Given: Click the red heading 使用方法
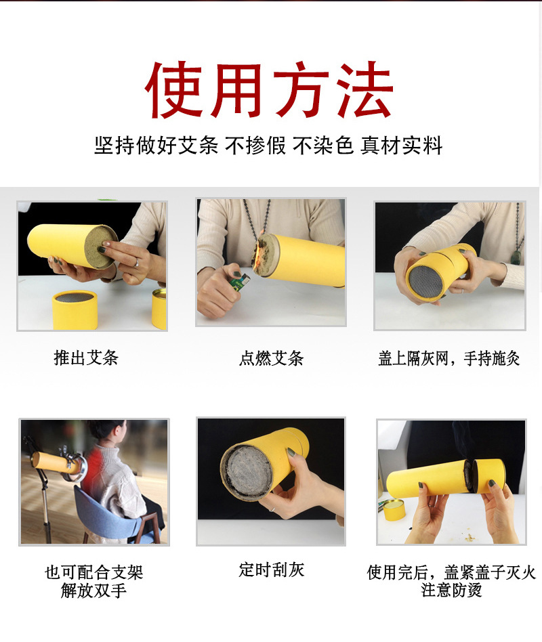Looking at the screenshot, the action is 269,89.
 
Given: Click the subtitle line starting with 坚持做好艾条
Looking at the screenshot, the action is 268,146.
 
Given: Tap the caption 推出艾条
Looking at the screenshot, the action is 86,358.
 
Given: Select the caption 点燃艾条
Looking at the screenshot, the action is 271,358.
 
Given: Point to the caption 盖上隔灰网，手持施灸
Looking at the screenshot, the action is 449,358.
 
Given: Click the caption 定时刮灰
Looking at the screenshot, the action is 271,570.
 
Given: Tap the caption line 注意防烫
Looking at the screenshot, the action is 451,590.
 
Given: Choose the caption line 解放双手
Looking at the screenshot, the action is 93,591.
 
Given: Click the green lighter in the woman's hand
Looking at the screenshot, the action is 240,281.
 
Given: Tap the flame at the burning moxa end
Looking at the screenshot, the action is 258,258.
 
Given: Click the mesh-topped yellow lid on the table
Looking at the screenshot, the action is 75,309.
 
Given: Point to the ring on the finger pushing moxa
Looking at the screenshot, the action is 136,263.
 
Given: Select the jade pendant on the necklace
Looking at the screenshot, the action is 516,257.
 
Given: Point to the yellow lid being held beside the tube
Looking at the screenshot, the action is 489,475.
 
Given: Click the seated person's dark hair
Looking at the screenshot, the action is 106,430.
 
